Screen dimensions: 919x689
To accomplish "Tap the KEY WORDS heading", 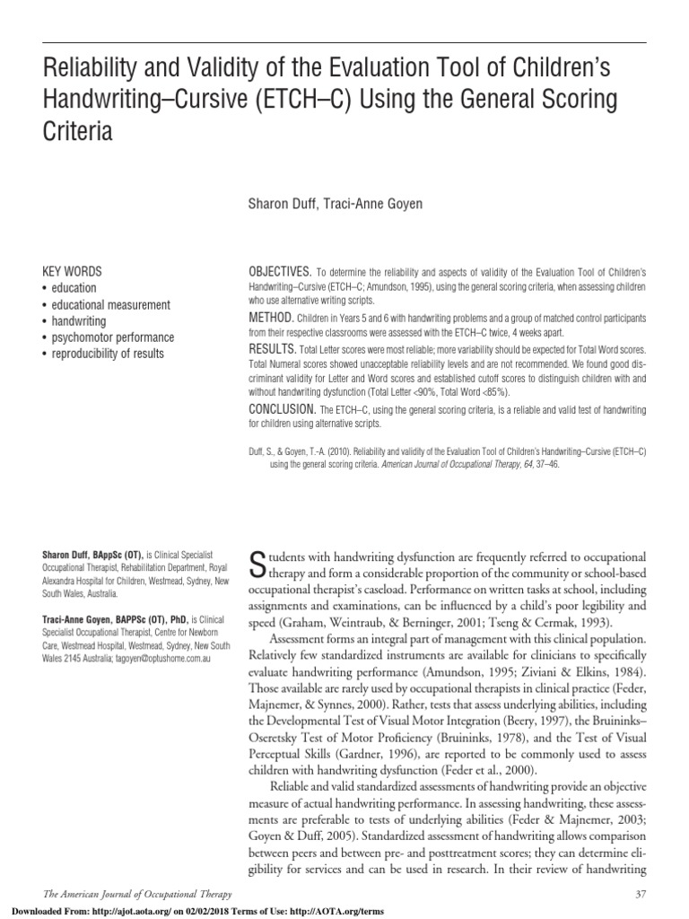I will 73,271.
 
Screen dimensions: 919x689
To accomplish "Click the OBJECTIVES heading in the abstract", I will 279,271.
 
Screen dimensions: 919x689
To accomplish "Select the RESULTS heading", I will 272,347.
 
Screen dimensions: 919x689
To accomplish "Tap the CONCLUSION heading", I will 283,409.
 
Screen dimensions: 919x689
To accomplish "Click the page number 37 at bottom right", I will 641,894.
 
